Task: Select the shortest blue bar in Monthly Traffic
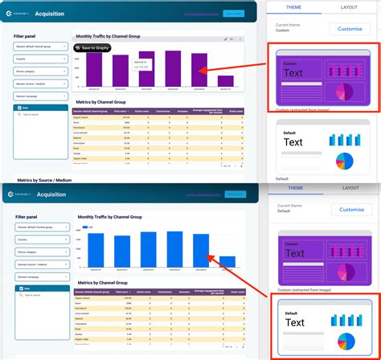(x=228, y=261)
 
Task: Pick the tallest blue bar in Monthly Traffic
(x=150, y=249)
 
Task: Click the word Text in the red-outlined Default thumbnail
(x=295, y=323)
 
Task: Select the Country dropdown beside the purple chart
(x=39, y=59)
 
